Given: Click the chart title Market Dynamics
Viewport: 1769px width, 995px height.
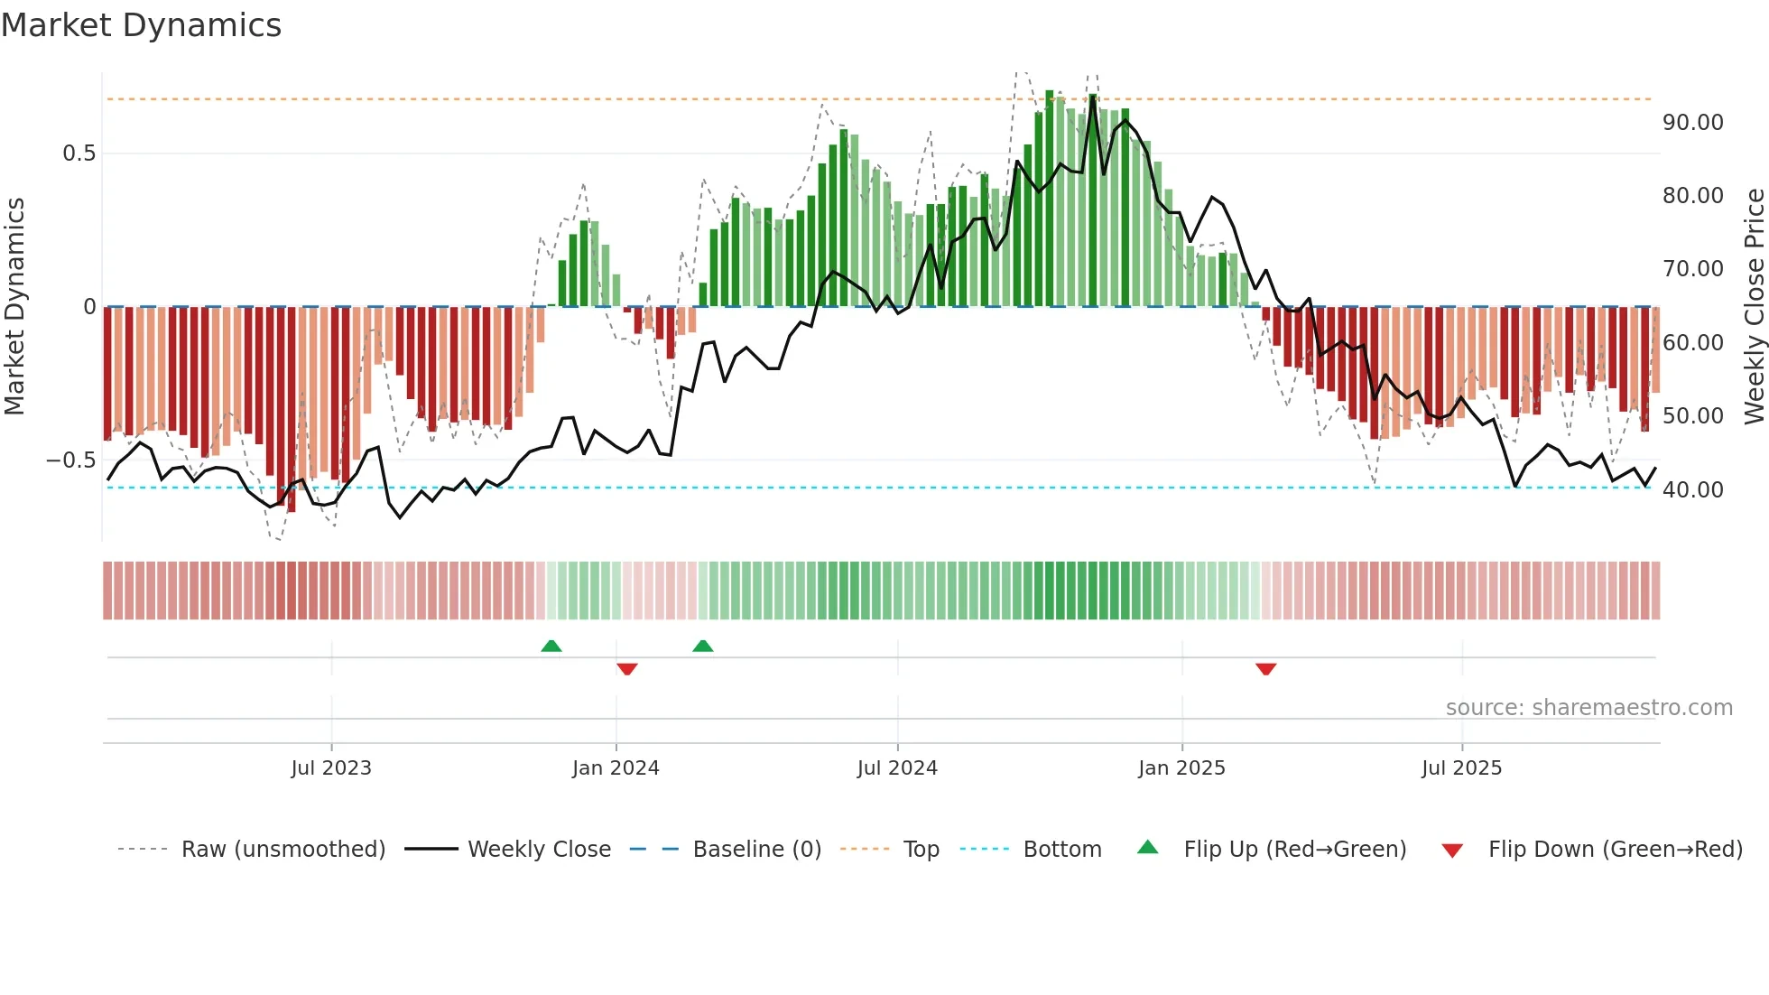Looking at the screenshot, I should [x=141, y=25].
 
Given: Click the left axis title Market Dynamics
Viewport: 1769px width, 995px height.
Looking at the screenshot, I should [x=14, y=306].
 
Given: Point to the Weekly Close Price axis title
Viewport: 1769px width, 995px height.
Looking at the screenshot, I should [x=1754, y=306].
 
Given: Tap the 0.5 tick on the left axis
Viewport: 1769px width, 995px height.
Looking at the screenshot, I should [x=79, y=153].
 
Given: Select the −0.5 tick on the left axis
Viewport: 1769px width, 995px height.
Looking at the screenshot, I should [x=72, y=460].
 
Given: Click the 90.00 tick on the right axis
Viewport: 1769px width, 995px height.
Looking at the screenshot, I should [x=1692, y=123].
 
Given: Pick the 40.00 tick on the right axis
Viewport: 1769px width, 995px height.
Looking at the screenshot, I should [x=1692, y=490].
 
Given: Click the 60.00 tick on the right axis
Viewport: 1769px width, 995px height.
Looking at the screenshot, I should [x=1692, y=343].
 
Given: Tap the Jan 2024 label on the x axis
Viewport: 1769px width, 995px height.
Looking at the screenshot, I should [x=616, y=768].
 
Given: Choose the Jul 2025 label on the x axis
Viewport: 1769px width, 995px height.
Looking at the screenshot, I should [x=1461, y=768].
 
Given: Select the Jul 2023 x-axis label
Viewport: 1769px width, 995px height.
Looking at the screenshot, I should [x=331, y=768].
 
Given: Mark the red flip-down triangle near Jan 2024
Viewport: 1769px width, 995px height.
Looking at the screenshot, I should [x=627, y=668].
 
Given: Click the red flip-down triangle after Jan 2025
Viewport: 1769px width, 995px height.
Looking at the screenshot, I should [x=1265, y=668].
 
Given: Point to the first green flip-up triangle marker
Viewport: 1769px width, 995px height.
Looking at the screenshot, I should [x=551, y=646].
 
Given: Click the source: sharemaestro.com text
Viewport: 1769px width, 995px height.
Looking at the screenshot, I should [x=1588, y=708].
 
